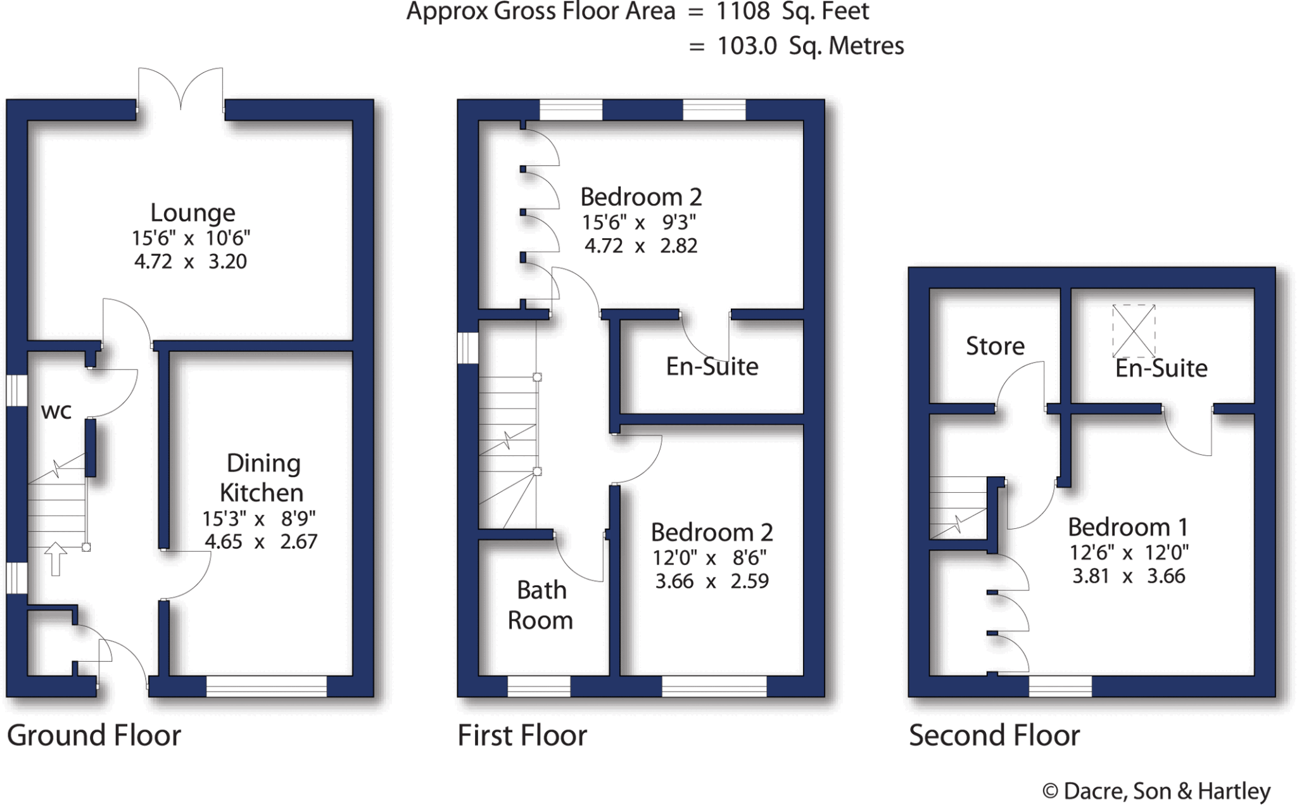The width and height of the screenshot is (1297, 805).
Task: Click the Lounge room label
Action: (x=193, y=213)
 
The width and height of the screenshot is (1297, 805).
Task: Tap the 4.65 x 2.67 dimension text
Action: (x=261, y=542)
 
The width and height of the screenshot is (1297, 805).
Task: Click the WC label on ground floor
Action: (x=56, y=412)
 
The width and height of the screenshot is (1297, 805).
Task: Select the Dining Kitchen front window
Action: (x=266, y=687)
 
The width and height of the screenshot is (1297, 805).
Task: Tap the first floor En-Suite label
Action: (x=712, y=367)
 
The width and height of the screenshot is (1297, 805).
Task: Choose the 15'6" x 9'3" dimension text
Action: (x=638, y=223)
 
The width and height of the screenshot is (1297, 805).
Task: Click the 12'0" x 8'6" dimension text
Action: (x=709, y=558)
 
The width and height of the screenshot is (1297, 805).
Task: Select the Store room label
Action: (x=994, y=346)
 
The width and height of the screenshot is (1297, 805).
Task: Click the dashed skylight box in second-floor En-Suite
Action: (x=1134, y=330)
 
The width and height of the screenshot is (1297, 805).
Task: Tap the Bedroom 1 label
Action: (x=1127, y=527)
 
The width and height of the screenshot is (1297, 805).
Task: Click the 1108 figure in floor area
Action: (x=743, y=11)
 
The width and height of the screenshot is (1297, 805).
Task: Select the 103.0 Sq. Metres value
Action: (x=810, y=46)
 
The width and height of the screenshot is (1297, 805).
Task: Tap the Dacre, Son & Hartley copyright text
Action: (x=1156, y=791)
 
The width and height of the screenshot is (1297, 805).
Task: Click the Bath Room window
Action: (x=538, y=687)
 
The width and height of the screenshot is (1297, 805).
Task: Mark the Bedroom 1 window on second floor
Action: (x=1060, y=687)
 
